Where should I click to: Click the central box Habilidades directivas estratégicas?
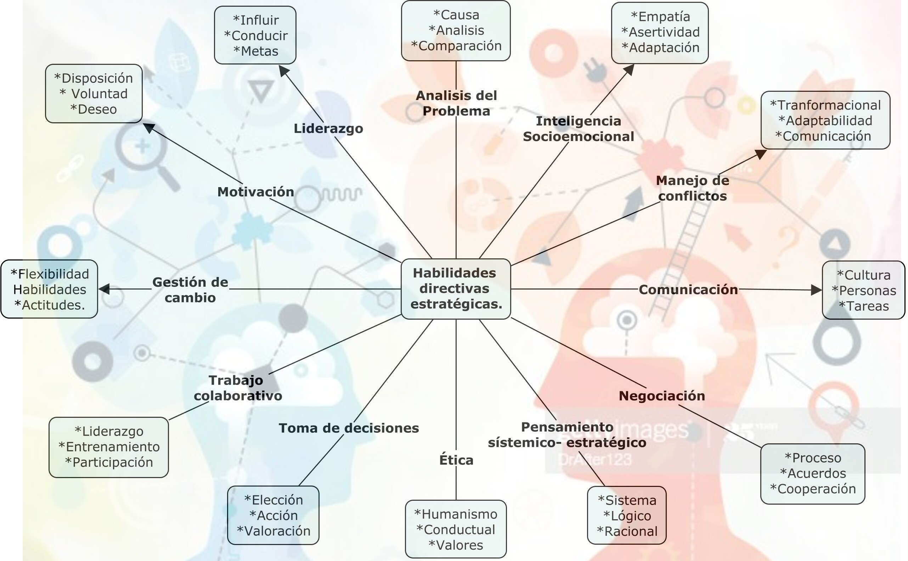click(x=456, y=289)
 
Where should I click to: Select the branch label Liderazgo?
click(x=328, y=129)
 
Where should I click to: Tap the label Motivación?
click(x=255, y=192)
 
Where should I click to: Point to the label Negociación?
click(x=662, y=396)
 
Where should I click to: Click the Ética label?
click(x=456, y=460)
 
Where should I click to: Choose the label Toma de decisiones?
click(x=349, y=428)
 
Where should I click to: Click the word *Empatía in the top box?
click(x=660, y=17)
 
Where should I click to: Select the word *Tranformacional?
click(x=825, y=105)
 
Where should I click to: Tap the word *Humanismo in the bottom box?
click(x=456, y=514)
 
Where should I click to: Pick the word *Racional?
click(x=627, y=531)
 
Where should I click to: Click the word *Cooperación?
click(x=813, y=489)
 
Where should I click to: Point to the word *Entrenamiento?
click(x=109, y=447)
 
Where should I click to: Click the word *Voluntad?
click(x=94, y=94)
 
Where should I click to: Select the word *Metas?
click(x=256, y=51)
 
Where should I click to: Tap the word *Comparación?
click(x=456, y=46)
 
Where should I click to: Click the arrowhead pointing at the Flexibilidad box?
click(x=104, y=289)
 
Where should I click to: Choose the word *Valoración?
click(x=273, y=531)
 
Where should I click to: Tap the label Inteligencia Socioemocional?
click(x=578, y=129)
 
